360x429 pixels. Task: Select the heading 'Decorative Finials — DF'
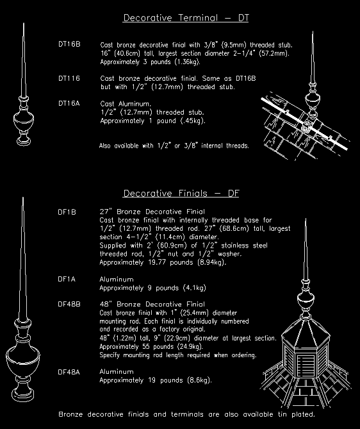(x=181, y=193)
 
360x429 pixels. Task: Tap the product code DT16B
(x=69, y=44)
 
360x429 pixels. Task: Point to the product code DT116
(x=69, y=78)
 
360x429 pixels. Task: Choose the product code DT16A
(x=69, y=103)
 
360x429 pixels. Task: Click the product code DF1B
(x=67, y=211)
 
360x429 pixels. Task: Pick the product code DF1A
(x=67, y=280)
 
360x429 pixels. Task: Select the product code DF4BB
(x=69, y=303)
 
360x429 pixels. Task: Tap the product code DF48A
(x=69, y=371)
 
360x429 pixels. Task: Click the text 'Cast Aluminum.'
(x=126, y=103)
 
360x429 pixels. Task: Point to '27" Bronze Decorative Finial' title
(x=152, y=211)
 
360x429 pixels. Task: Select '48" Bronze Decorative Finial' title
(x=152, y=303)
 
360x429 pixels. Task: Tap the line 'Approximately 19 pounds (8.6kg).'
(x=156, y=380)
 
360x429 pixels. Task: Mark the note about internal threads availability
(x=174, y=146)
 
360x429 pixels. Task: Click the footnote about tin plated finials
(x=186, y=414)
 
